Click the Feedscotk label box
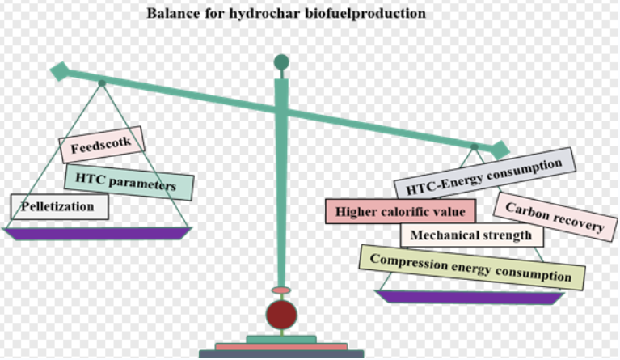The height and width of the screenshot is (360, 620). click(x=101, y=146)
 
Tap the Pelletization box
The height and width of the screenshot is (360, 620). click(x=59, y=206)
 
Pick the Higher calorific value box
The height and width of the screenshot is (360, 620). click(x=400, y=212)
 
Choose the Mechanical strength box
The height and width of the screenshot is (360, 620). click(x=471, y=235)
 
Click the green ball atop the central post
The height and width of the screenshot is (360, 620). click(x=281, y=62)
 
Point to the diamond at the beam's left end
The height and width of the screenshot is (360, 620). click(x=59, y=71)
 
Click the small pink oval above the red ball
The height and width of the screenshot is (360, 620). click(x=280, y=290)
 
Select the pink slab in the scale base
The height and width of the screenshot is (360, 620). click(x=281, y=346)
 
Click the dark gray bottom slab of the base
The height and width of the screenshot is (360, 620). click(x=281, y=354)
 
